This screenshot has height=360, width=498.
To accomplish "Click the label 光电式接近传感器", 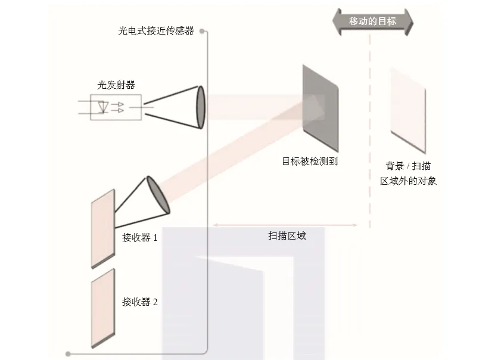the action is (155, 31).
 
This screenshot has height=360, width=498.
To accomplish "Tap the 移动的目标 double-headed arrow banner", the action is (372, 21).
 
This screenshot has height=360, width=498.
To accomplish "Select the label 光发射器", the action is (116, 85).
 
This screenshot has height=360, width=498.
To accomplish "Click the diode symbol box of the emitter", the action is (116, 108).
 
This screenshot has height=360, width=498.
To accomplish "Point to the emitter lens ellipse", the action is (201, 107).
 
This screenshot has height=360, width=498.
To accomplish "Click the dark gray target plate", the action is (320, 108).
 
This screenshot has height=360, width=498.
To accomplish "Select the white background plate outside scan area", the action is (408, 111).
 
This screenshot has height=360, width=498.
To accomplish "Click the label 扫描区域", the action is (287, 236).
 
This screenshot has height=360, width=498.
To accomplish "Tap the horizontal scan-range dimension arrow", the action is (285, 225).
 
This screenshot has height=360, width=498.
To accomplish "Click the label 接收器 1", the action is (139, 238).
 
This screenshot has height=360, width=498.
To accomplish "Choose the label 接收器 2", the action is (139, 302).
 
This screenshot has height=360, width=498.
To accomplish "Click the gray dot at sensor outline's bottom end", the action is (69, 354).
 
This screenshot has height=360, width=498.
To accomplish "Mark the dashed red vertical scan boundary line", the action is (370, 131).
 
